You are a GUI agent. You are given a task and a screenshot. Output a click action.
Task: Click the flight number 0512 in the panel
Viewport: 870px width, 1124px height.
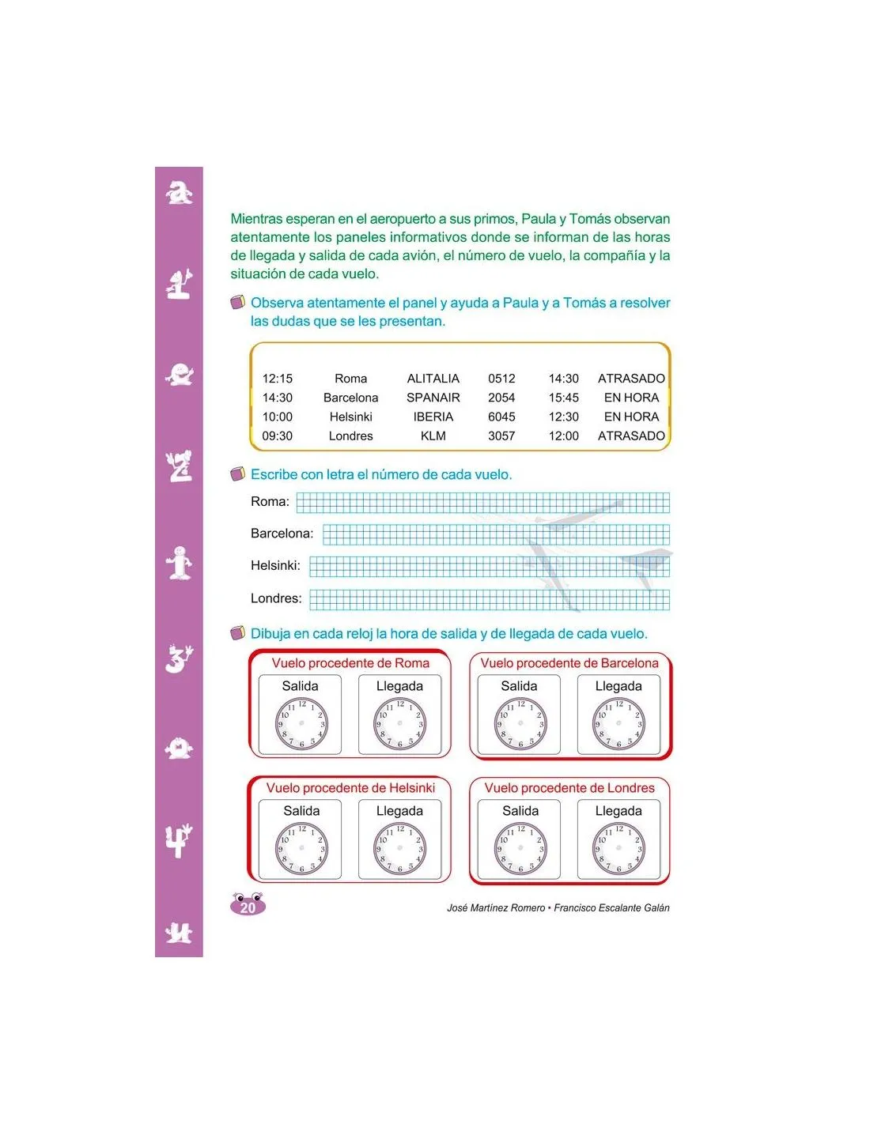[x=501, y=379]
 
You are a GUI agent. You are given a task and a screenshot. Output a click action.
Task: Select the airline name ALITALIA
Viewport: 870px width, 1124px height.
[x=433, y=379]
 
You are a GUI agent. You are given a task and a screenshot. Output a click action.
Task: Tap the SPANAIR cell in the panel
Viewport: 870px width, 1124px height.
[x=433, y=398]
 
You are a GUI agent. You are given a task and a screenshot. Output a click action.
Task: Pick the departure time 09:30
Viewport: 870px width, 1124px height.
[x=277, y=436]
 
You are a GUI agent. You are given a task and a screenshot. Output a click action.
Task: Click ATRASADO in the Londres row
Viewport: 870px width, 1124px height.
[x=631, y=436]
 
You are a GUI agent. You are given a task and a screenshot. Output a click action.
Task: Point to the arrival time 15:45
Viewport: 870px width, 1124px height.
[x=563, y=398]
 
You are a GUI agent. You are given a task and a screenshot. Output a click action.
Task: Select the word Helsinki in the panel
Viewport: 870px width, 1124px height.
[x=350, y=417]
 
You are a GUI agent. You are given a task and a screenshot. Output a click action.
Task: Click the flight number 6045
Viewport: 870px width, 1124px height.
[x=501, y=417]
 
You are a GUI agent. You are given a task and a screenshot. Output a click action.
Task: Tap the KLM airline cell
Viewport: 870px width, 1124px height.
[x=433, y=436]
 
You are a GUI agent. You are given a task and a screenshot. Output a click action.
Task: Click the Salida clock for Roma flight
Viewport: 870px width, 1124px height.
[x=301, y=724]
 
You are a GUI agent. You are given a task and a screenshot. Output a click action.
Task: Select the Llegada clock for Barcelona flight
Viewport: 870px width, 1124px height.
[x=618, y=724]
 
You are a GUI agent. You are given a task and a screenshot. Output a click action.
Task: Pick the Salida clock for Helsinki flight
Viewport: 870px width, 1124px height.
[x=301, y=849]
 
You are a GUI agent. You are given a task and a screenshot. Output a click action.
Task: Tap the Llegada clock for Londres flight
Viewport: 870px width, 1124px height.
[x=618, y=849]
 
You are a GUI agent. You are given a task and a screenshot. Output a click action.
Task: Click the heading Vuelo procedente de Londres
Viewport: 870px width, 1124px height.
[x=569, y=788]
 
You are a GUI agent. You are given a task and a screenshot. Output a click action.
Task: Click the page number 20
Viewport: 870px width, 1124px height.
[x=248, y=907]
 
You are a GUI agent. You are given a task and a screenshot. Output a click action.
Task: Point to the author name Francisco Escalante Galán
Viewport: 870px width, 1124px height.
[x=611, y=908]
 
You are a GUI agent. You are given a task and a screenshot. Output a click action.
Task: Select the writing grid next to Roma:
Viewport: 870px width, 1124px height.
[x=482, y=503]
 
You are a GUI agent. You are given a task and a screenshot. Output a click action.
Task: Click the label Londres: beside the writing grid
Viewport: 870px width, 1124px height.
[x=276, y=598]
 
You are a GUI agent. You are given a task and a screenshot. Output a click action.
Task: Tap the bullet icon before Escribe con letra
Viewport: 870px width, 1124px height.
[x=237, y=474]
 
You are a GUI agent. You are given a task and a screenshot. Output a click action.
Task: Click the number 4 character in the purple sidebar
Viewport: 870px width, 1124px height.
[x=179, y=840]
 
